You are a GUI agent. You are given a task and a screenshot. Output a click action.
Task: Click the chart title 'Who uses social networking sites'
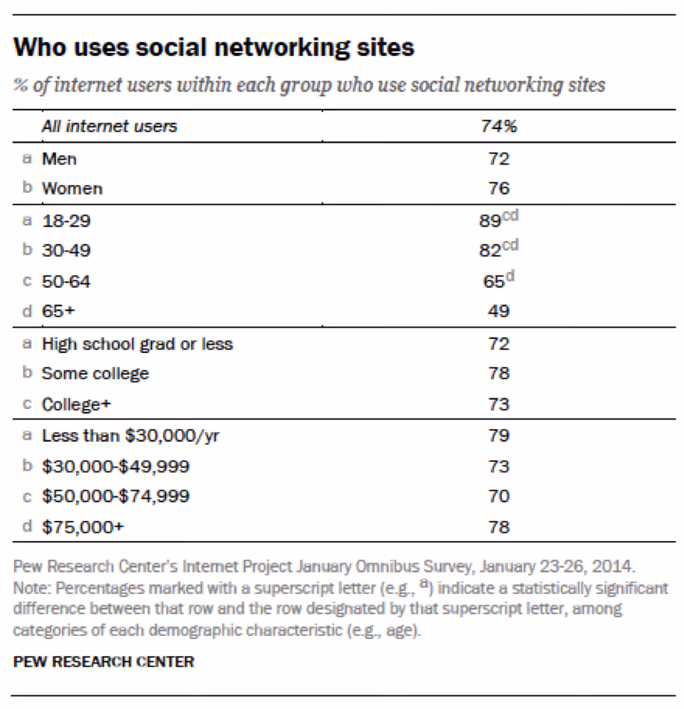(213, 49)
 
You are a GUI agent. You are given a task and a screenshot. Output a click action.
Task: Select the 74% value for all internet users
(498, 126)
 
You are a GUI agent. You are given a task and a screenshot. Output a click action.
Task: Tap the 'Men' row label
(59, 158)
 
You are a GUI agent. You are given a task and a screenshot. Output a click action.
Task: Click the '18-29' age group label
(66, 220)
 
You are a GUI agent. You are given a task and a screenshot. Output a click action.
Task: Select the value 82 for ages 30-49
(489, 251)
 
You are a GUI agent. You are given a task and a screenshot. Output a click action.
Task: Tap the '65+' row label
(57, 311)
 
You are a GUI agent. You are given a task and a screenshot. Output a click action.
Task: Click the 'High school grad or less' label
(137, 343)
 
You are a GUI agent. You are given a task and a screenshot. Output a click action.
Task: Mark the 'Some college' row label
(95, 373)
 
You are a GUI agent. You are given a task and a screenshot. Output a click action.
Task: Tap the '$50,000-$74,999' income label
(115, 496)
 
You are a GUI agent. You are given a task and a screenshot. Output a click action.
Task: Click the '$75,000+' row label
(82, 527)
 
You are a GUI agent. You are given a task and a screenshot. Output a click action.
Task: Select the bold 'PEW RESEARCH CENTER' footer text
(104, 661)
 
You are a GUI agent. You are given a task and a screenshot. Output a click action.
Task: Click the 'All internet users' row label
(109, 126)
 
